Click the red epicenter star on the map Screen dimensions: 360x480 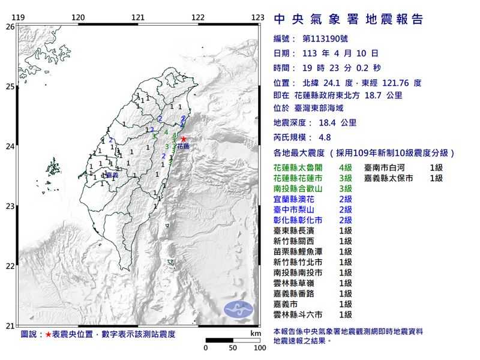point(184,139)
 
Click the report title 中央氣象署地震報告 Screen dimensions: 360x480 point(348,19)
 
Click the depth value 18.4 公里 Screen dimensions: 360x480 point(332,123)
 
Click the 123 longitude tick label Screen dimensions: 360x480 point(258,17)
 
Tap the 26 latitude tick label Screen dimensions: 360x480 point(10,26)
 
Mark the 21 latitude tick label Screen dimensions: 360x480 point(10,326)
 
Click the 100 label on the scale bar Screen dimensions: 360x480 point(260,347)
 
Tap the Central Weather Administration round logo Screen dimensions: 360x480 point(238,309)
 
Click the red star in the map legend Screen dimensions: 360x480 point(49,334)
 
